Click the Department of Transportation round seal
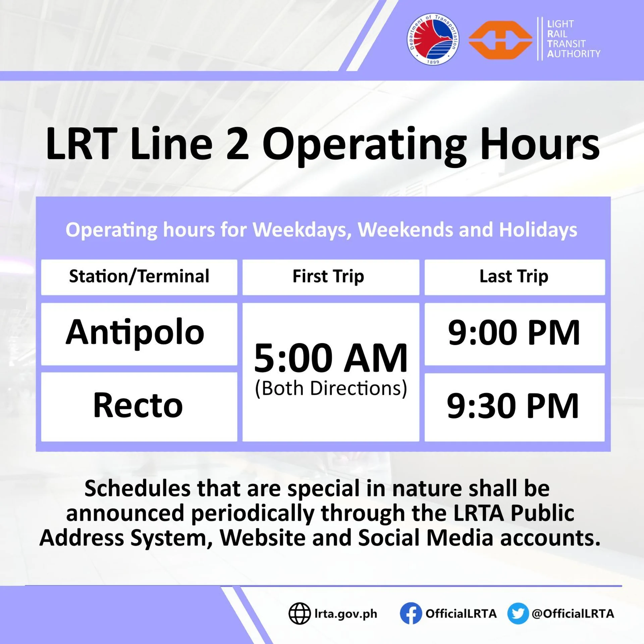[x=433, y=39]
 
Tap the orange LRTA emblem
[x=500, y=40]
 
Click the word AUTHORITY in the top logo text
[x=574, y=54]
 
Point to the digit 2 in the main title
[x=237, y=144]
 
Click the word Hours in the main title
[x=540, y=144]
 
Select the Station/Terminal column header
[x=139, y=276]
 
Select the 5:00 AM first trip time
[x=331, y=358]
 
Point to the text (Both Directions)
[x=331, y=389]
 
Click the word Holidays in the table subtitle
[x=538, y=230]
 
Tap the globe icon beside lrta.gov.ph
[x=300, y=613]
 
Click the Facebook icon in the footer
[x=411, y=613]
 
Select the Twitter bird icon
[x=518, y=613]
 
